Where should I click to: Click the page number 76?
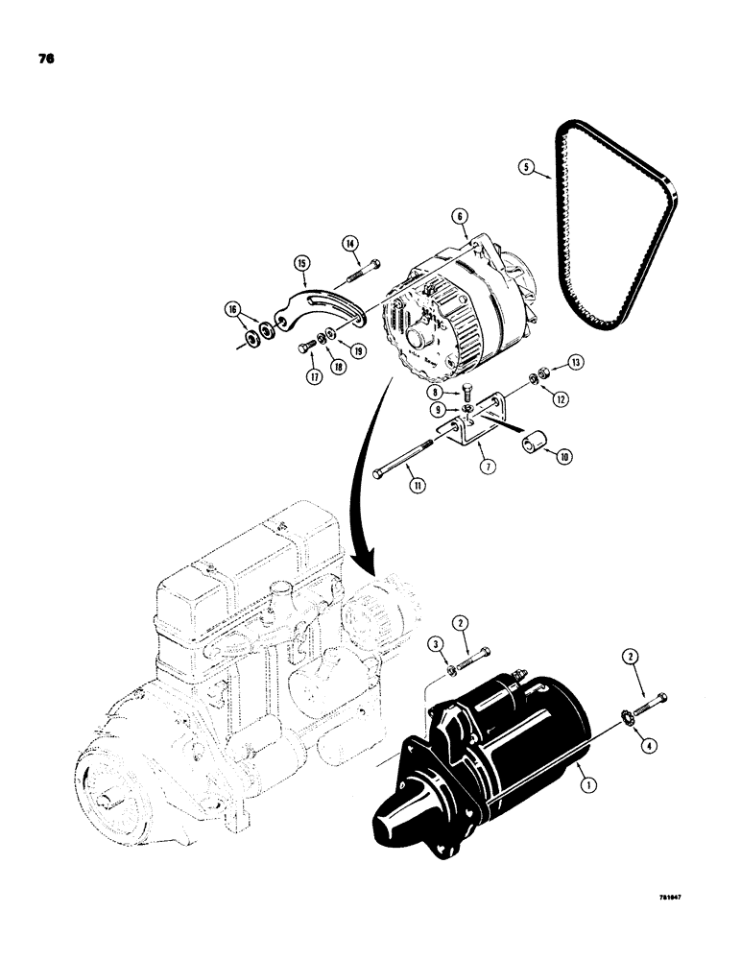tap(45, 59)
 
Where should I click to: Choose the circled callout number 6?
tap(462, 219)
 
